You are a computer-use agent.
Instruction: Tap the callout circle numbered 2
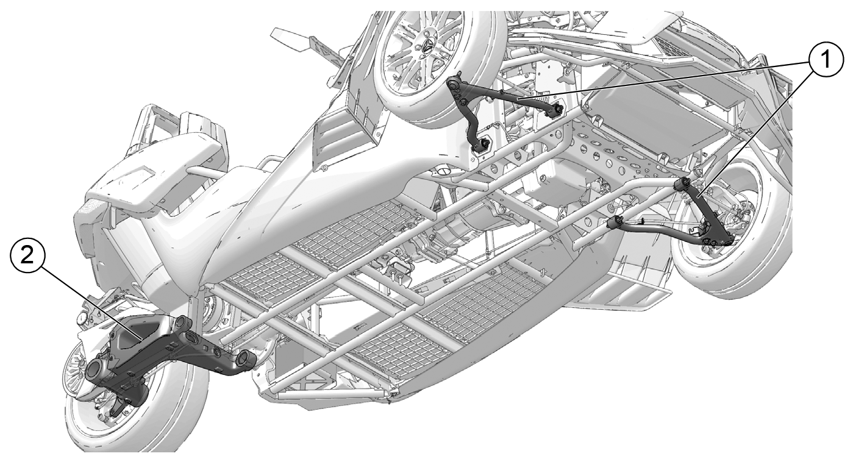point(27,256)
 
